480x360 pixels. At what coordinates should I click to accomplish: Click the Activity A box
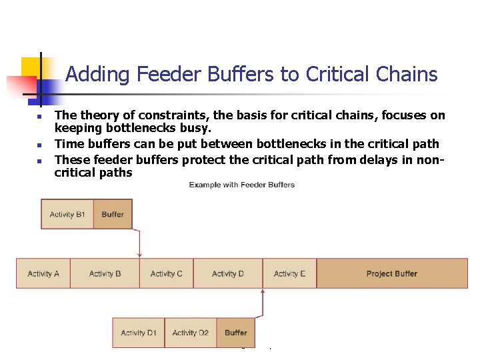pyautogui.click(x=43, y=273)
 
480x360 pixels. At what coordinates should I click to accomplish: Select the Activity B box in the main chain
pyautogui.click(x=105, y=273)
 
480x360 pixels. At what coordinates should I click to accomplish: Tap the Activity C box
pyautogui.click(x=167, y=273)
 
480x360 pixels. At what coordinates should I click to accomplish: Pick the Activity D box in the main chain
pyautogui.click(x=227, y=273)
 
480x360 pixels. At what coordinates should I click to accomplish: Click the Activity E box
pyautogui.click(x=289, y=273)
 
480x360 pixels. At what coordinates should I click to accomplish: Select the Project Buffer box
pyautogui.click(x=392, y=273)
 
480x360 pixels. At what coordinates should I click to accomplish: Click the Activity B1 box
pyautogui.click(x=67, y=215)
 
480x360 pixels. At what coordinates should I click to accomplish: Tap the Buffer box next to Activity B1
pyautogui.click(x=113, y=215)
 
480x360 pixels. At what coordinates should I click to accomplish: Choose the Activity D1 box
pyautogui.click(x=138, y=333)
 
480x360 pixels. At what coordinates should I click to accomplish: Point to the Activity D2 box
pyautogui.click(x=190, y=333)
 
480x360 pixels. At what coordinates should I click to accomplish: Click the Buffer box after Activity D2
pyautogui.click(x=235, y=333)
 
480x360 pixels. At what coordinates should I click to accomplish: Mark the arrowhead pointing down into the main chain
pyautogui.click(x=139, y=255)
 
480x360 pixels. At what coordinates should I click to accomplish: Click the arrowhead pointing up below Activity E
pyautogui.click(x=263, y=292)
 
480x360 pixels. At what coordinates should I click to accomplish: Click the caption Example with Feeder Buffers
pyautogui.click(x=241, y=185)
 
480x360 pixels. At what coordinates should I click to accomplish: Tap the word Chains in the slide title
pyautogui.click(x=405, y=74)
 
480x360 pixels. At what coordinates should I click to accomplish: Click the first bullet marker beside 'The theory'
pyautogui.click(x=39, y=117)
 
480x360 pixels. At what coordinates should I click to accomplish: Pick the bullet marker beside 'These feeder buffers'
pyautogui.click(x=39, y=161)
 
